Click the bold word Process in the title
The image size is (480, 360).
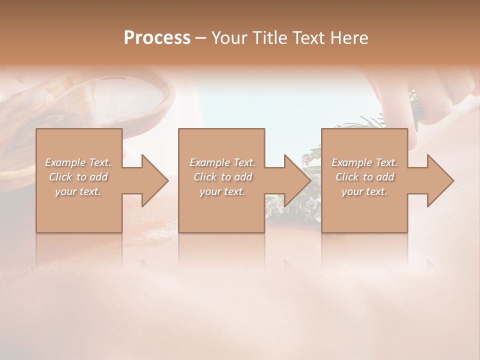tap(157, 38)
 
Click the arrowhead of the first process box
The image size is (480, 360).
tap(154, 180)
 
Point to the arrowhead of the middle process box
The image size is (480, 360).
tap(296, 180)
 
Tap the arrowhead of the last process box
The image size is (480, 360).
tap(439, 180)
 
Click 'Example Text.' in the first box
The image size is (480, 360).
tap(78, 162)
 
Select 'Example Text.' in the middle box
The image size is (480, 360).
tap(222, 162)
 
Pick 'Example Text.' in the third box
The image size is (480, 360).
tap(364, 162)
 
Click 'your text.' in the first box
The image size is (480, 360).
tap(78, 191)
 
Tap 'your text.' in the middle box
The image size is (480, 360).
tap(222, 191)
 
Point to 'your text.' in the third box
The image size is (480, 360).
tap(364, 191)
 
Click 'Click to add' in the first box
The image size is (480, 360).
tap(78, 177)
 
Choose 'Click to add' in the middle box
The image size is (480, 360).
tap(222, 177)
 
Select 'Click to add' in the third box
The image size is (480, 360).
tap(364, 177)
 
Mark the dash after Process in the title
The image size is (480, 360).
tap(201, 38)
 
